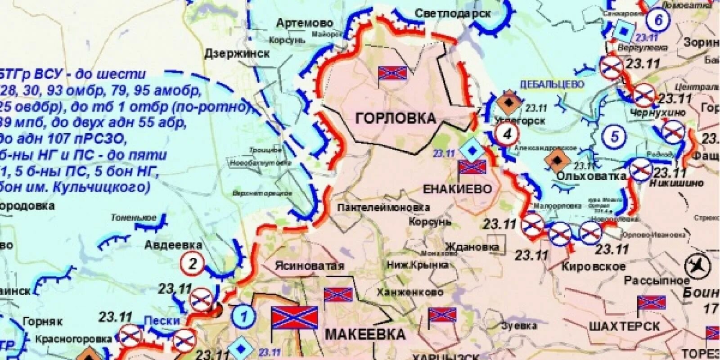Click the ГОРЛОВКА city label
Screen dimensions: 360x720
[x=396, y=118]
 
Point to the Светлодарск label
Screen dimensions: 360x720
[x=452, y=13]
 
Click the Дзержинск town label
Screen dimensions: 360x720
[x=237, y=54]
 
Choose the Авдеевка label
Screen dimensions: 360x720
[x=173, y=245]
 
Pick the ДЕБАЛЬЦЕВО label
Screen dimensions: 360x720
[x=552, y=85]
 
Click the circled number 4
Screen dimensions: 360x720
[x=508, y=134]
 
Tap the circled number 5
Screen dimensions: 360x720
[x=615, y=136]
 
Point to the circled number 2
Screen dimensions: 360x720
[x=193, y=264]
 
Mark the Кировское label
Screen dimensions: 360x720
[x=593, y=266]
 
